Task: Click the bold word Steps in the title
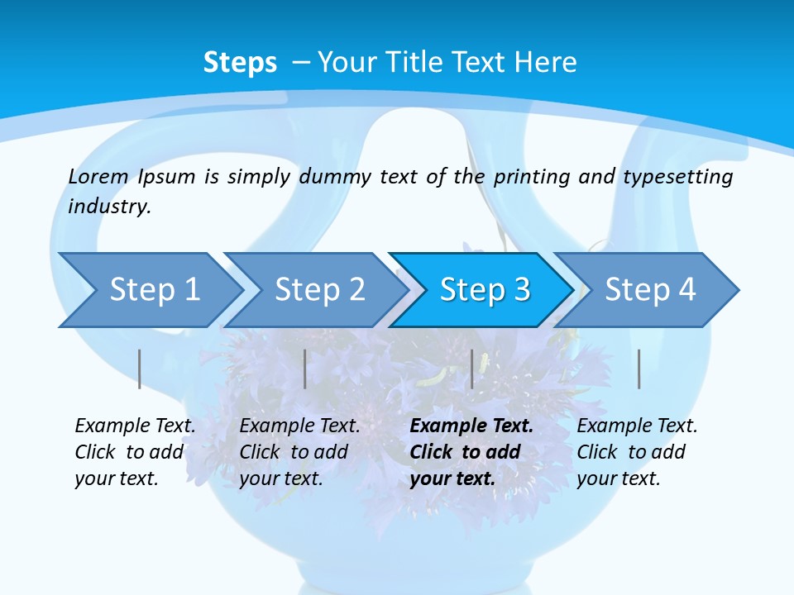[x=240, y=63]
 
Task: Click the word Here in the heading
[x=544, y=63]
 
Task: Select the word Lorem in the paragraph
[x=98, y=176]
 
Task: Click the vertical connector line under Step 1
[x=140, y=369]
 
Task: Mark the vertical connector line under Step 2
[x=305, y=369]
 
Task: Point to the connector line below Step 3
[x=472, y=369]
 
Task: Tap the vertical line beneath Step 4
[x=639, y=369]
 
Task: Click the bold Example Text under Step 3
[x=471, y=426]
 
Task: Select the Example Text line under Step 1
[x=135, y=426]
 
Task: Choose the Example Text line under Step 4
[x=637, y=426]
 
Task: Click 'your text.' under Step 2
[x=280, y=478]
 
